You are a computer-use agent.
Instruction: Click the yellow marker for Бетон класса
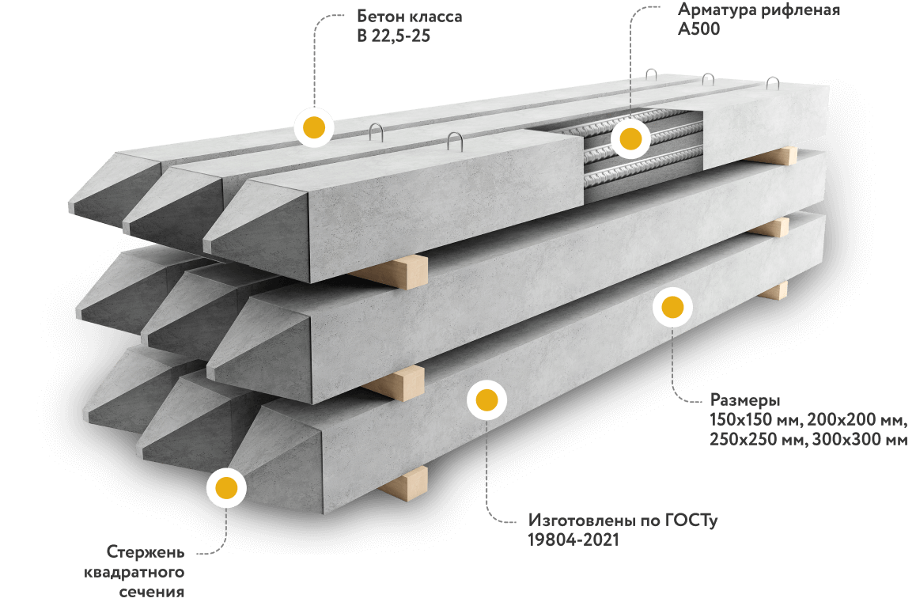click(314, 127)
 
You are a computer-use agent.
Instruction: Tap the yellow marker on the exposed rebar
click(630, 139)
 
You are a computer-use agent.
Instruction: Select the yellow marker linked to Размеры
click(672, 307)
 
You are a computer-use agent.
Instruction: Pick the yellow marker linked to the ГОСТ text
click(486, 400)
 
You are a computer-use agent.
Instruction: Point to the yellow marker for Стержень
click(227, 487)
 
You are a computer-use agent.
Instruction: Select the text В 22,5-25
click(393, 36)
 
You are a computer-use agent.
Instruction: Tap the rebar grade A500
click(698, 29)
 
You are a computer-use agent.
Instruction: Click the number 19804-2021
click(573, 540)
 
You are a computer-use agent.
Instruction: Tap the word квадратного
click(134, 572)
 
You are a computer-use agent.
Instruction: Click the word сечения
click(152, 592)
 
